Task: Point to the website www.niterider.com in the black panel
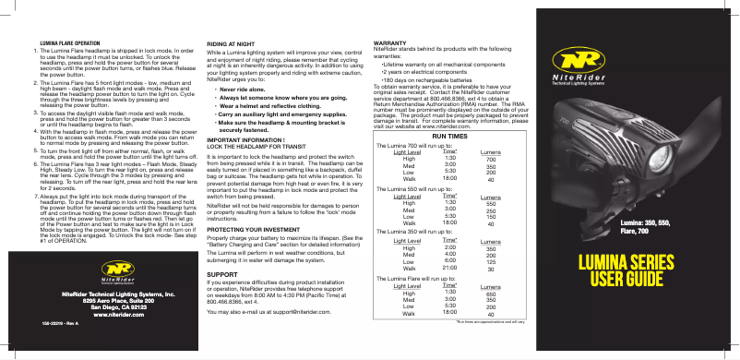[x=101, y=313]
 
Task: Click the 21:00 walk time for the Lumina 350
[x=449, y=268]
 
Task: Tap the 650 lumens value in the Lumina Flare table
[x=492, y=293]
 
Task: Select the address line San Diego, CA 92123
[x=101, y=306]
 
